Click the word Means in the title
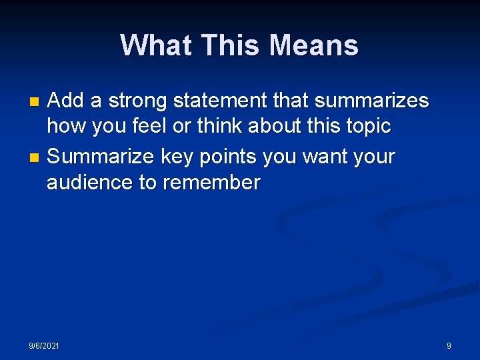click(314, 46)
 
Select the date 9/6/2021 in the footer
click(43, 345)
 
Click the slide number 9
click(449, 345)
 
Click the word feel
click(152, 127)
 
